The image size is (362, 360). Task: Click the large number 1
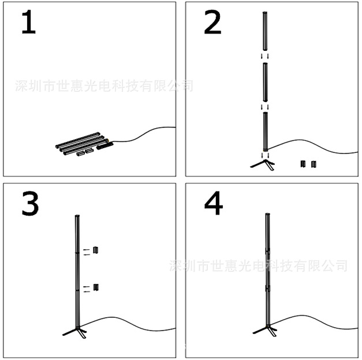tap(28, 22)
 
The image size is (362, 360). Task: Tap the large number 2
tap(212, 23)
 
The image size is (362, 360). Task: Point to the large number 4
tap(213, 204)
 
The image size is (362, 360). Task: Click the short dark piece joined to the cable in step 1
tap(105, 147)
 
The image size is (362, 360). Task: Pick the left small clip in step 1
tap(80, 153)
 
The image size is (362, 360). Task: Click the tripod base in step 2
tap(263, 163)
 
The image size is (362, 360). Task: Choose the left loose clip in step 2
tap(303, 164)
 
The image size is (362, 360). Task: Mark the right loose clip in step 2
tap(314, 164)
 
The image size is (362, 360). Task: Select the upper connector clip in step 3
tap(96, 250)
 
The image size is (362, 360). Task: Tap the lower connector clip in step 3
tap(96, 287)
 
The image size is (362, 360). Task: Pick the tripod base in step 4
tap(266, 331)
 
